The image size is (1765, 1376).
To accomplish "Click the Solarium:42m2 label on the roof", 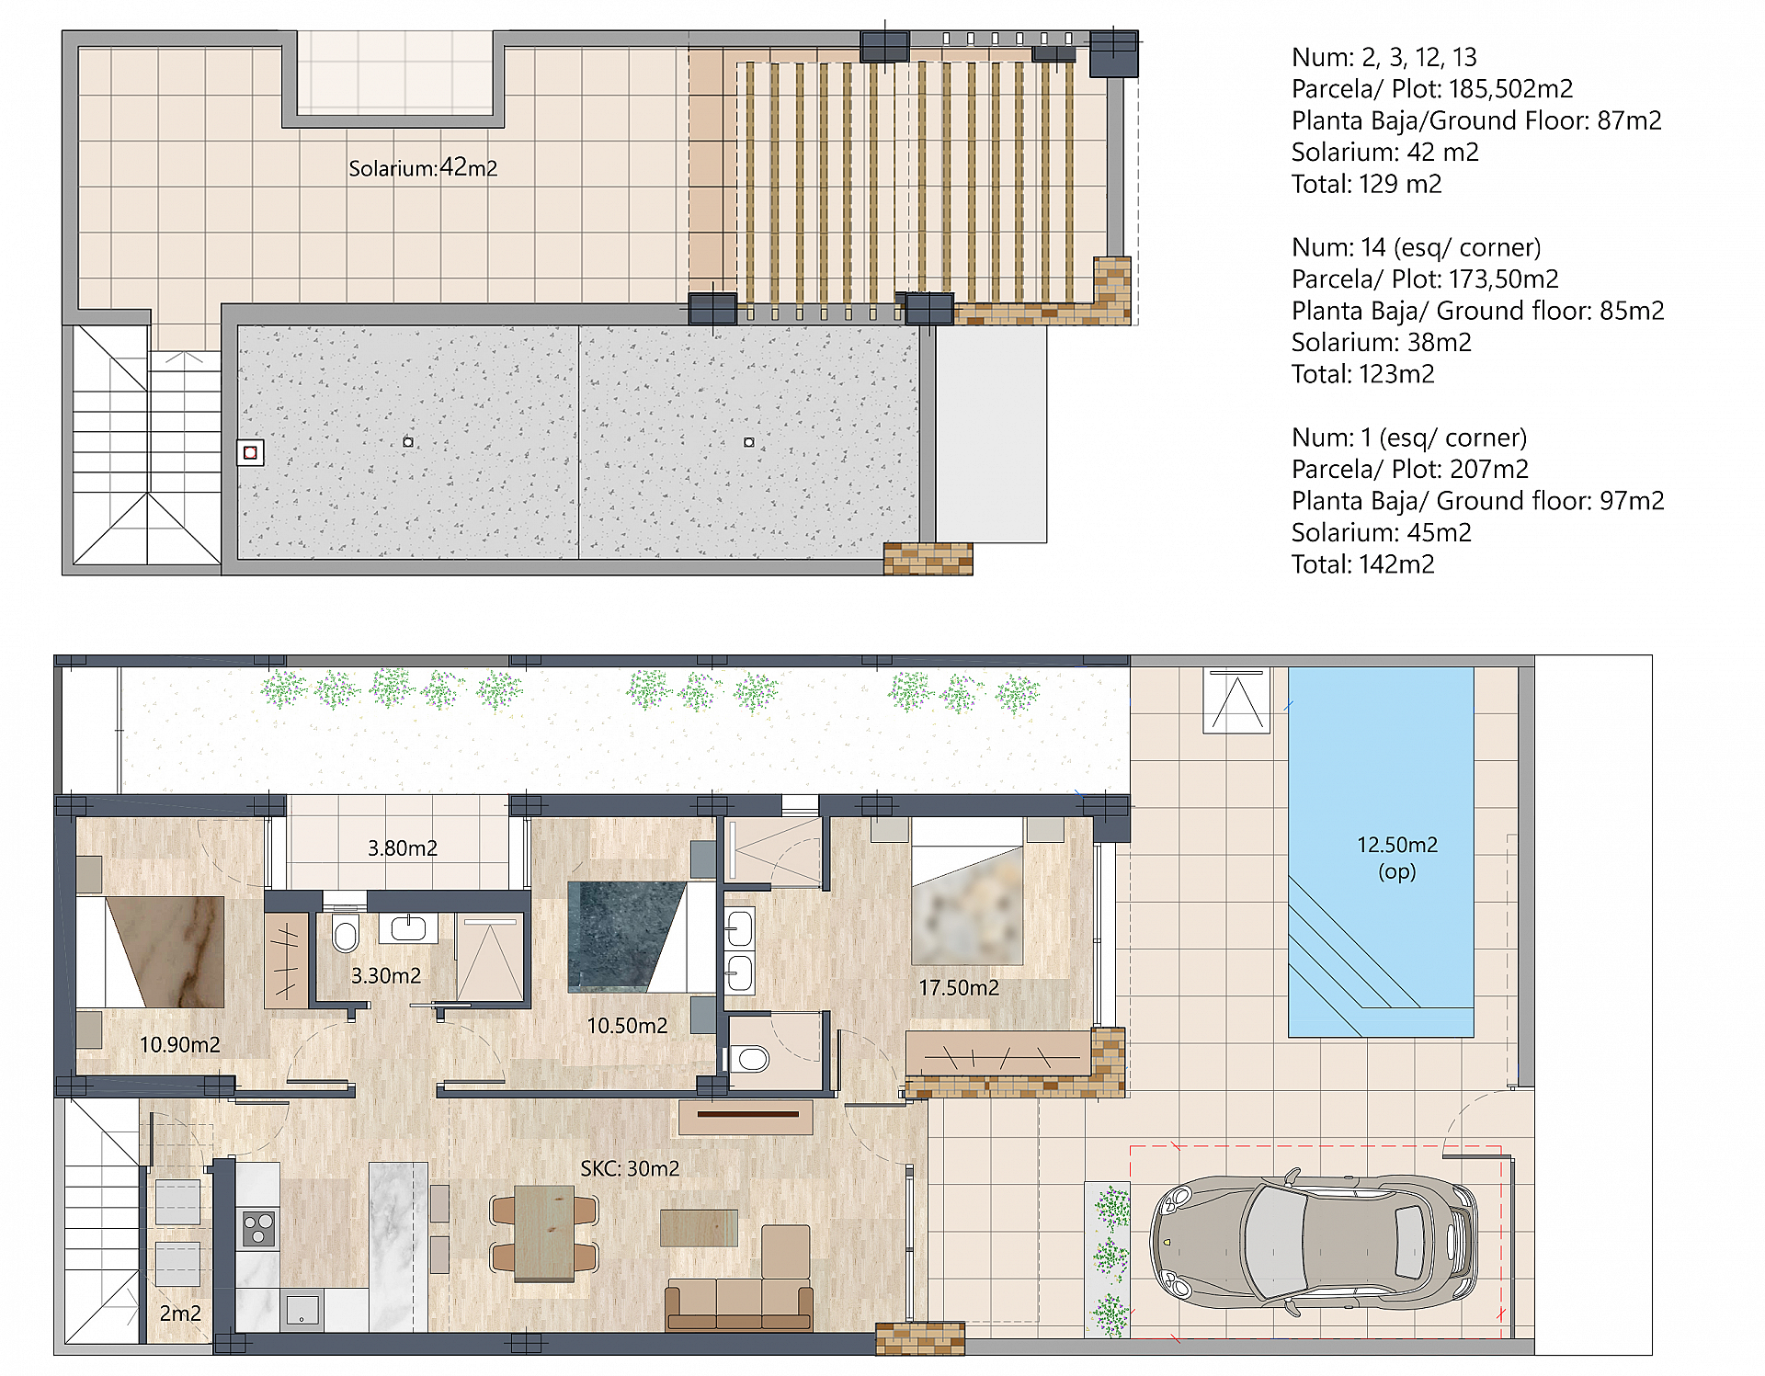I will [x=423, y=168].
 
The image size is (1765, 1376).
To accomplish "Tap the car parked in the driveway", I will [x=1313, y=1242].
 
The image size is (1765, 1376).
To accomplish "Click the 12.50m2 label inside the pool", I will [x=1396, y=846].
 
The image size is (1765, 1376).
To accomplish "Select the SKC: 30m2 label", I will [x=630, y=1168].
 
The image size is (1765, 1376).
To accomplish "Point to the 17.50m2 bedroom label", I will [x=958, y=988].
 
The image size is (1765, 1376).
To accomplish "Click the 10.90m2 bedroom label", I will [x=179, y=1045].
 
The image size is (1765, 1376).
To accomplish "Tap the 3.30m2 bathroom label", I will [x=386, y=976].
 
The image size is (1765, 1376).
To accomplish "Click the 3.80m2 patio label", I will [x=402, y=848].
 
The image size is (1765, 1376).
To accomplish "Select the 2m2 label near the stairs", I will [x=180, y=1313].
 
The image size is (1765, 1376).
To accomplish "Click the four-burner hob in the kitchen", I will [x=258, y=1229].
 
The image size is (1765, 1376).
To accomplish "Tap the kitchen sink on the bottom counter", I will [x=302, y=1309].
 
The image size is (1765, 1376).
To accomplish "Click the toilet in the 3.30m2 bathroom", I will [x=346, y=935].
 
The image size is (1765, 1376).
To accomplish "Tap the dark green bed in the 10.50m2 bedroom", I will [x=625, y=936].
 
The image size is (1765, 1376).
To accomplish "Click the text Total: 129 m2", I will [x=1366, y=184].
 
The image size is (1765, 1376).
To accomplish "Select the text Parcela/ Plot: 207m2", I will [x=1409, y=470].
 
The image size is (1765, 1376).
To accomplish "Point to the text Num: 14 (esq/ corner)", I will [x=1416, y=247].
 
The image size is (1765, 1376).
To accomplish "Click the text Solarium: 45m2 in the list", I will [x=1381, y=533].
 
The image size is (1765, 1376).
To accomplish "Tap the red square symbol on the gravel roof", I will [x=250, y=453].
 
